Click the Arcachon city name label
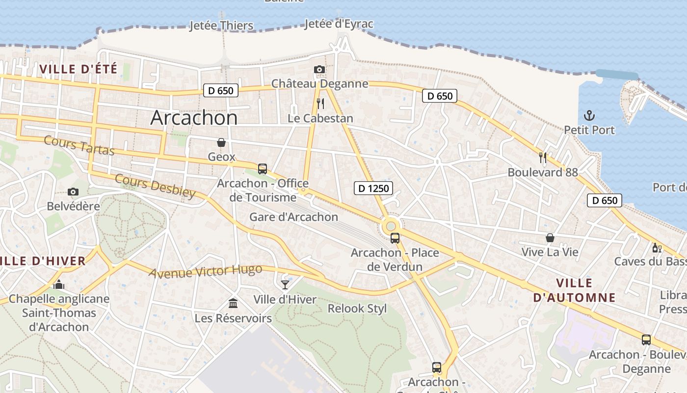click(x=194, y=118)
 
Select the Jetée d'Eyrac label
click(x=339, y=24)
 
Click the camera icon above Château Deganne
click(x=319, y=69)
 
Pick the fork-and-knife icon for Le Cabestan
click(x=320, y=103)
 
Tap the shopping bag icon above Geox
click(x=221, y=142)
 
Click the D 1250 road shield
click(x=373, y=188)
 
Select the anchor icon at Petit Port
click(x=589, y=115)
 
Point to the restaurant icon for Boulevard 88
click(x=543, y=157)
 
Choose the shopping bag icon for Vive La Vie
click(x=550, y=238)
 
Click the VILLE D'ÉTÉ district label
click(x=79, y=69)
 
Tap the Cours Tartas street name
click(x=79, y=145)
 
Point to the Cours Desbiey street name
click(x=155, y=186)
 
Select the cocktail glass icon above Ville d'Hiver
click(x=285, y=284)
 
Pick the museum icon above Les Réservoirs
click(x=233, y=304)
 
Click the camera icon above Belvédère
click(x=73, y=192)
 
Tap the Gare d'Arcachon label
click(x=293, y=217)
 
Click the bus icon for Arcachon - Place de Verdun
click(x=395, y=238)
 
